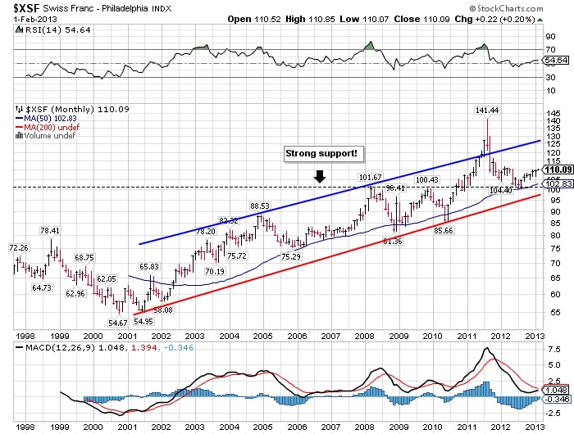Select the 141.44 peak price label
point(487,109)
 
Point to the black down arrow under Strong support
point(321,175)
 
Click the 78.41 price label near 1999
point(51,230)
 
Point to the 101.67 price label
point(371,178)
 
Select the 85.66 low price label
point(444,232)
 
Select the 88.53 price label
point(260,206)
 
